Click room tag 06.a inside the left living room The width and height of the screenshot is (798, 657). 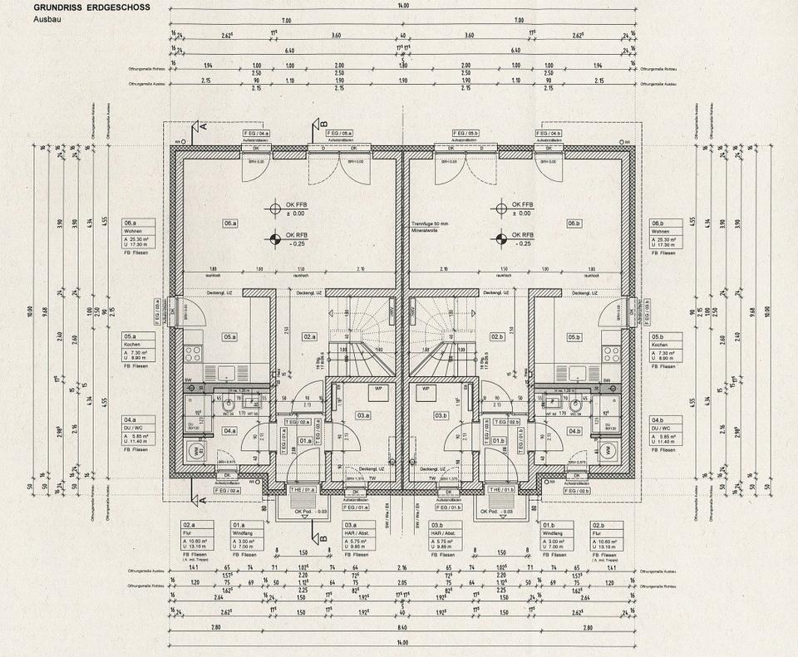pos(230,223)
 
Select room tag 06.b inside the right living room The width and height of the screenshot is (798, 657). pos(574,223)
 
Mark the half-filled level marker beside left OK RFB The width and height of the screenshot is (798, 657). pos(275,241)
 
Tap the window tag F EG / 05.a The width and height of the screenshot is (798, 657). pos(339,133)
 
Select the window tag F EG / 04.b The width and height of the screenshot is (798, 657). pos(549,133)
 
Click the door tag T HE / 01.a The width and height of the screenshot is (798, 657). pos(302,491)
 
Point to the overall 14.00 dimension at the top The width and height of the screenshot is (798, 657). pos(403,6)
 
